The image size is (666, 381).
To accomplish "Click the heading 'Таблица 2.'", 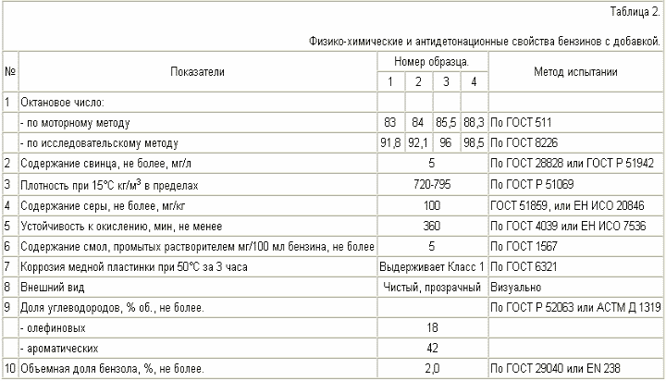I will [x=635, y=11].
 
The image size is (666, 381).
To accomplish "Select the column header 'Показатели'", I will [x=197, y=71].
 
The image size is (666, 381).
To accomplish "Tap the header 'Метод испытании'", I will [x=575, y=71].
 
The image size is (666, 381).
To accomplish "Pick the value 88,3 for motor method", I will [x=475, y=122].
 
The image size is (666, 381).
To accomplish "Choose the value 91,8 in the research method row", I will [x=390, y=143].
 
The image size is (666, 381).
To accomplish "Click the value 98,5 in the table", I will [x=475, y=143].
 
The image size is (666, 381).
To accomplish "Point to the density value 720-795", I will [x=432, y=185].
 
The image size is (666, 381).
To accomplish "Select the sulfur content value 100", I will [x=432, y=205].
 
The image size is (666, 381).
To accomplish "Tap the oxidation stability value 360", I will [x=432, y=226].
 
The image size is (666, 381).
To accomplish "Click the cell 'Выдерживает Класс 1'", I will [x=432, y=266].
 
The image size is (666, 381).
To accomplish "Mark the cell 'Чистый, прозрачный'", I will [x=432, y=287].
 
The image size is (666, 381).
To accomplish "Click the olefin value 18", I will [x=432, y=328].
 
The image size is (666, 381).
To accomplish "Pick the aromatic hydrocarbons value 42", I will [x=432, y=349].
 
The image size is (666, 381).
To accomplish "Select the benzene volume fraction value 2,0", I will [x=432, y=369].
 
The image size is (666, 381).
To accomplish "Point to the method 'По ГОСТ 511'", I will [x=521, y=122].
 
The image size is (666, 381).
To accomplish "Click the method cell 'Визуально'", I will [x=515, y=287].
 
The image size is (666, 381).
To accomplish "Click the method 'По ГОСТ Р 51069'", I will [x=532, y=185].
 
